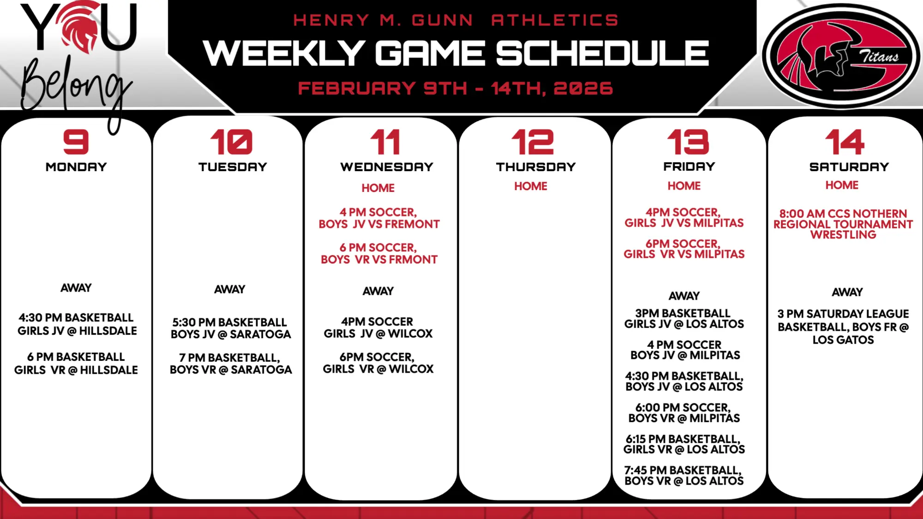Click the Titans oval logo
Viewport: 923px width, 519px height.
click(x=841, y=56)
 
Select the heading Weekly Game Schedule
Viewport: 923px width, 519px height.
click(x=456, y=53)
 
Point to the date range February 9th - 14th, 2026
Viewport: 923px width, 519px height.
click(x=456, y=88)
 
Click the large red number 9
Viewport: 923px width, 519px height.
click(x=76, y=142)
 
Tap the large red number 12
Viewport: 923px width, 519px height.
click(x=533, y=142)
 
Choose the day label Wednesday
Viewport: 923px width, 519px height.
click(x=387, y=167)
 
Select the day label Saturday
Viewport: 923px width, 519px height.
click(x=849, y=167)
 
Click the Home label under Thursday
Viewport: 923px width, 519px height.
click(x=531, y=186)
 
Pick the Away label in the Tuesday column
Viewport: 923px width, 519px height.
click(x=229, y=289)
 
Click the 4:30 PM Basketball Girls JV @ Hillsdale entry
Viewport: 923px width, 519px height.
click(x=77, y=324)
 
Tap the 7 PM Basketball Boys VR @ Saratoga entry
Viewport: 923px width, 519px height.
click(x=231, y=364)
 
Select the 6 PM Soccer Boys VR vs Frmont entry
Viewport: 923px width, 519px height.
click(x=379, y=254)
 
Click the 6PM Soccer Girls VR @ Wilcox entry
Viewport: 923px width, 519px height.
click(x=378, y=363)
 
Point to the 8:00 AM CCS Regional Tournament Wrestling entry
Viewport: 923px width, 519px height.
click(x=843, y=224)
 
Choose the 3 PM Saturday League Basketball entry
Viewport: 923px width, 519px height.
click(x=843, y=327)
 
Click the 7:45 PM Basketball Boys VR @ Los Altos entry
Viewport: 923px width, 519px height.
click(x=684, y=476)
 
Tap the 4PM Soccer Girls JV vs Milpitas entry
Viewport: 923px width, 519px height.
click(x=684, y=218)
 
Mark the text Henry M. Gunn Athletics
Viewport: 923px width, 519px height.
click(x=456, y=20)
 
